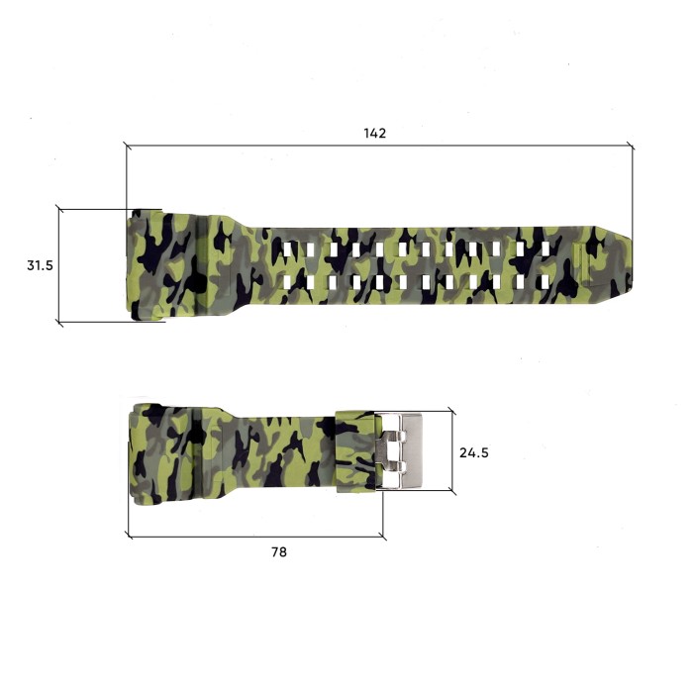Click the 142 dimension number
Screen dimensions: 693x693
pos(374,133)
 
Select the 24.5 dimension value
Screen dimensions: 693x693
pos(474,452)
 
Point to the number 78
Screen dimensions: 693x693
pos(278,551)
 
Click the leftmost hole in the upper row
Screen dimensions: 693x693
pos(287,247)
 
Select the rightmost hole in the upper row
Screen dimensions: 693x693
pos(544,247)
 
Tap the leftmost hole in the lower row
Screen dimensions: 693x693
pos(287,283)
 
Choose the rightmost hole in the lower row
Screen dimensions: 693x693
pos(544,283)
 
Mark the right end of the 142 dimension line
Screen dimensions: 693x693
pos(633,146)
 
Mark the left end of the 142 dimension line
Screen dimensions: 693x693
pos(126,146)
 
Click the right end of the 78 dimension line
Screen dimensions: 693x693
pos(384,538)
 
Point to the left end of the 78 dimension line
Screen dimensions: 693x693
pos(130,538)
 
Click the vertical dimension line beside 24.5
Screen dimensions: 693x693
pos(452,451)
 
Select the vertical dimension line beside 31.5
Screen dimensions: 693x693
pos(59,265)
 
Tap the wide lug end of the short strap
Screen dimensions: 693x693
pos(158,451)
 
